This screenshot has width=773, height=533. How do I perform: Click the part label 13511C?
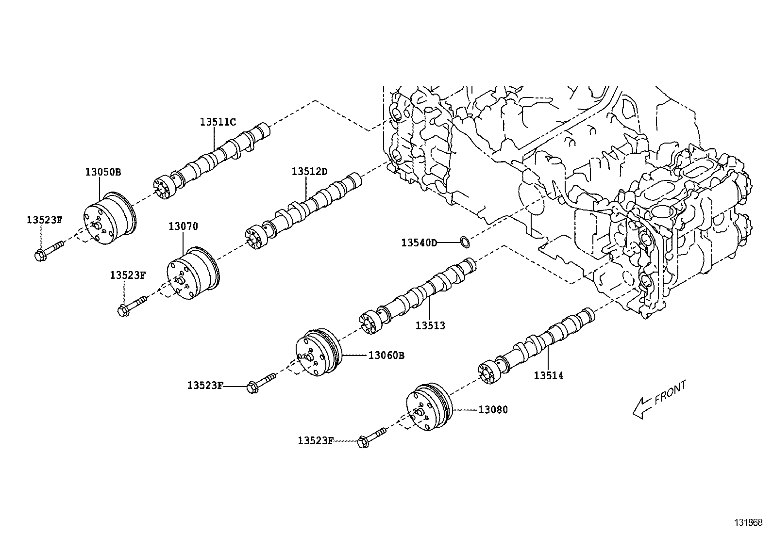218,122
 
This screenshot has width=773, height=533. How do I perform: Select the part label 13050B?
103,172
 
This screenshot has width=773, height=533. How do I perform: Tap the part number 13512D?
310,171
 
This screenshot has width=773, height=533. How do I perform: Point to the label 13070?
183,226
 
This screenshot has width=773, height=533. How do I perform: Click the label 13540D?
419,242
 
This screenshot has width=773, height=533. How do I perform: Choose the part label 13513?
430,325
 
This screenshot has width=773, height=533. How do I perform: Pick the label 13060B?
386,355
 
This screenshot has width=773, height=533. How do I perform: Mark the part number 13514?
549,375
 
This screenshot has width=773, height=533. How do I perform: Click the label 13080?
493,410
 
